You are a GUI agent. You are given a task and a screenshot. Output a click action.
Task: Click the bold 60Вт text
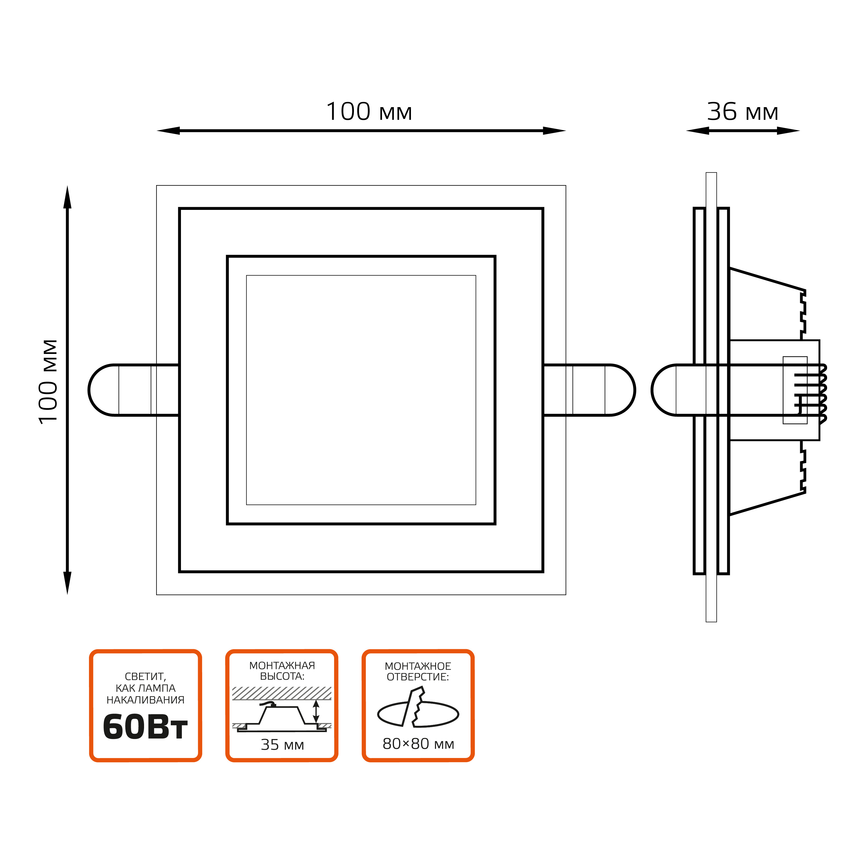[x=145, y=728]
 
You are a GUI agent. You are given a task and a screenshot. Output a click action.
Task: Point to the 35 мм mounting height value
[x=282, y=745]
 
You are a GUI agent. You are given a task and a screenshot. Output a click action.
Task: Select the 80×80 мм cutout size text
[x=418, y=744]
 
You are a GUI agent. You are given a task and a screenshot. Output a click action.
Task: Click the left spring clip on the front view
[x=129, y=390]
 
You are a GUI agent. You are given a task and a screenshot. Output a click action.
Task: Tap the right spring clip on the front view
[x=593, y=390]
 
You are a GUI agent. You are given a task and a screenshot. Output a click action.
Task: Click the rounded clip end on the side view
[x=666, y=390]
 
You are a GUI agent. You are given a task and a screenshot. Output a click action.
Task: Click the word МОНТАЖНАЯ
[x=282, y=666]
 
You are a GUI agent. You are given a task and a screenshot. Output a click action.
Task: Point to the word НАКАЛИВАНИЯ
[x=145, y=700]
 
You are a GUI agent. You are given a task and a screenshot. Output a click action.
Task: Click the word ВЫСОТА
[x=282, y=676]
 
